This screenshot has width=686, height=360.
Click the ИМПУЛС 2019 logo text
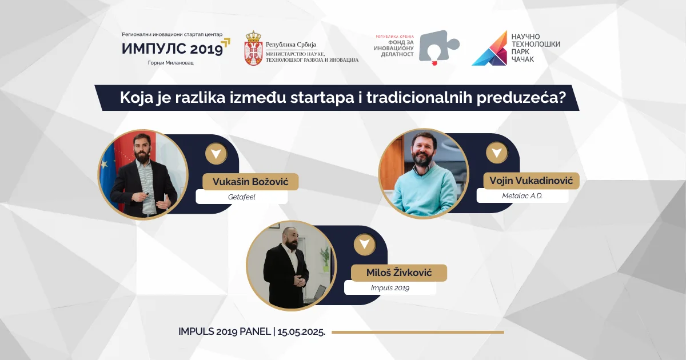(172, 49)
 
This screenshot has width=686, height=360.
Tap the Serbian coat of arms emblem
(253, 49)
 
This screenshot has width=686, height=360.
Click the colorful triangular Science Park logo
(490, 49)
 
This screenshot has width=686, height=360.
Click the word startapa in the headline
(327, 98)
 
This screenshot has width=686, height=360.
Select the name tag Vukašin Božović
(250, 182)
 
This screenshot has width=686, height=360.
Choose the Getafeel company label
(241, 197)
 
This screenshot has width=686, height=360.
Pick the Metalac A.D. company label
(522, 197)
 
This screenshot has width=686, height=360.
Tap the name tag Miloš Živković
(398, 273)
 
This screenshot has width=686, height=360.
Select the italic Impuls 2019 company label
(390, 288)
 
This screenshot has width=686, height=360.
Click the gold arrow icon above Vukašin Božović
(216, 154)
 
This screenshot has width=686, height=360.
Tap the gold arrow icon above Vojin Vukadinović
(496, 153)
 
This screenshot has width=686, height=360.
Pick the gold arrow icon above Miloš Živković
(364, 245)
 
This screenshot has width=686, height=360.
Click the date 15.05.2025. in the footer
(302, 332)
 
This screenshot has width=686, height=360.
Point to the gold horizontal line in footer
(417, 332)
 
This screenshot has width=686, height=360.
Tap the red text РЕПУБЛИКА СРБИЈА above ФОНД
(394, 37)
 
